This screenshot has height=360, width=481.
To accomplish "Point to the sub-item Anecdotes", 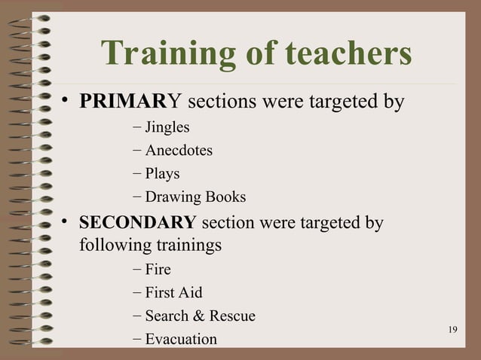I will (179, 151).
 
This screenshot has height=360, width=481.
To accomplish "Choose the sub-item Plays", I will (162, 174).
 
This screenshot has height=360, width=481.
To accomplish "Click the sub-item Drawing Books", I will (195, 197).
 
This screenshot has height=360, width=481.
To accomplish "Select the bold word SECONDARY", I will (137, 224).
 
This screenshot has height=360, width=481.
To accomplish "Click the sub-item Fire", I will (158, 269).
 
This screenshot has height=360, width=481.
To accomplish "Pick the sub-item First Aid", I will (173, 292).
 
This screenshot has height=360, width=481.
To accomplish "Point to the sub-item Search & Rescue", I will (200, 316).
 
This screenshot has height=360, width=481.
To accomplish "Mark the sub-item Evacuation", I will (181, 339).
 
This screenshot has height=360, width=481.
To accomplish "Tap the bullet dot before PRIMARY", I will (66, 102).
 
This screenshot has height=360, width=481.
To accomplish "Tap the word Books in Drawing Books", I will (229, 197).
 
